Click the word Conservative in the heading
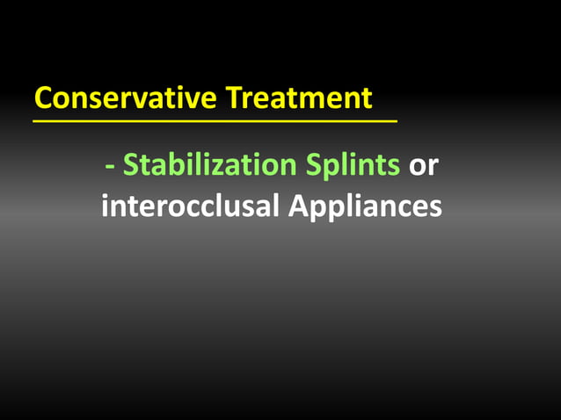pyautogui.click(x=126, y=98)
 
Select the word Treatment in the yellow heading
pyautogui.click(x=300, y=98)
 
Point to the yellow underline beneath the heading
pyautogui.click(x=215, y=120)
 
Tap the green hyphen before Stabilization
pyautogui.click(x=109, y=166)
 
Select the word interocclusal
pyautogui.click(x=188, y=206)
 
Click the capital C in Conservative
pyautogui.click(x=43, y=98)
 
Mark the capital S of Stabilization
pyautogui.click(x=131, y=164)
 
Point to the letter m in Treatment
pyautogui.click(x=310, y=99)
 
